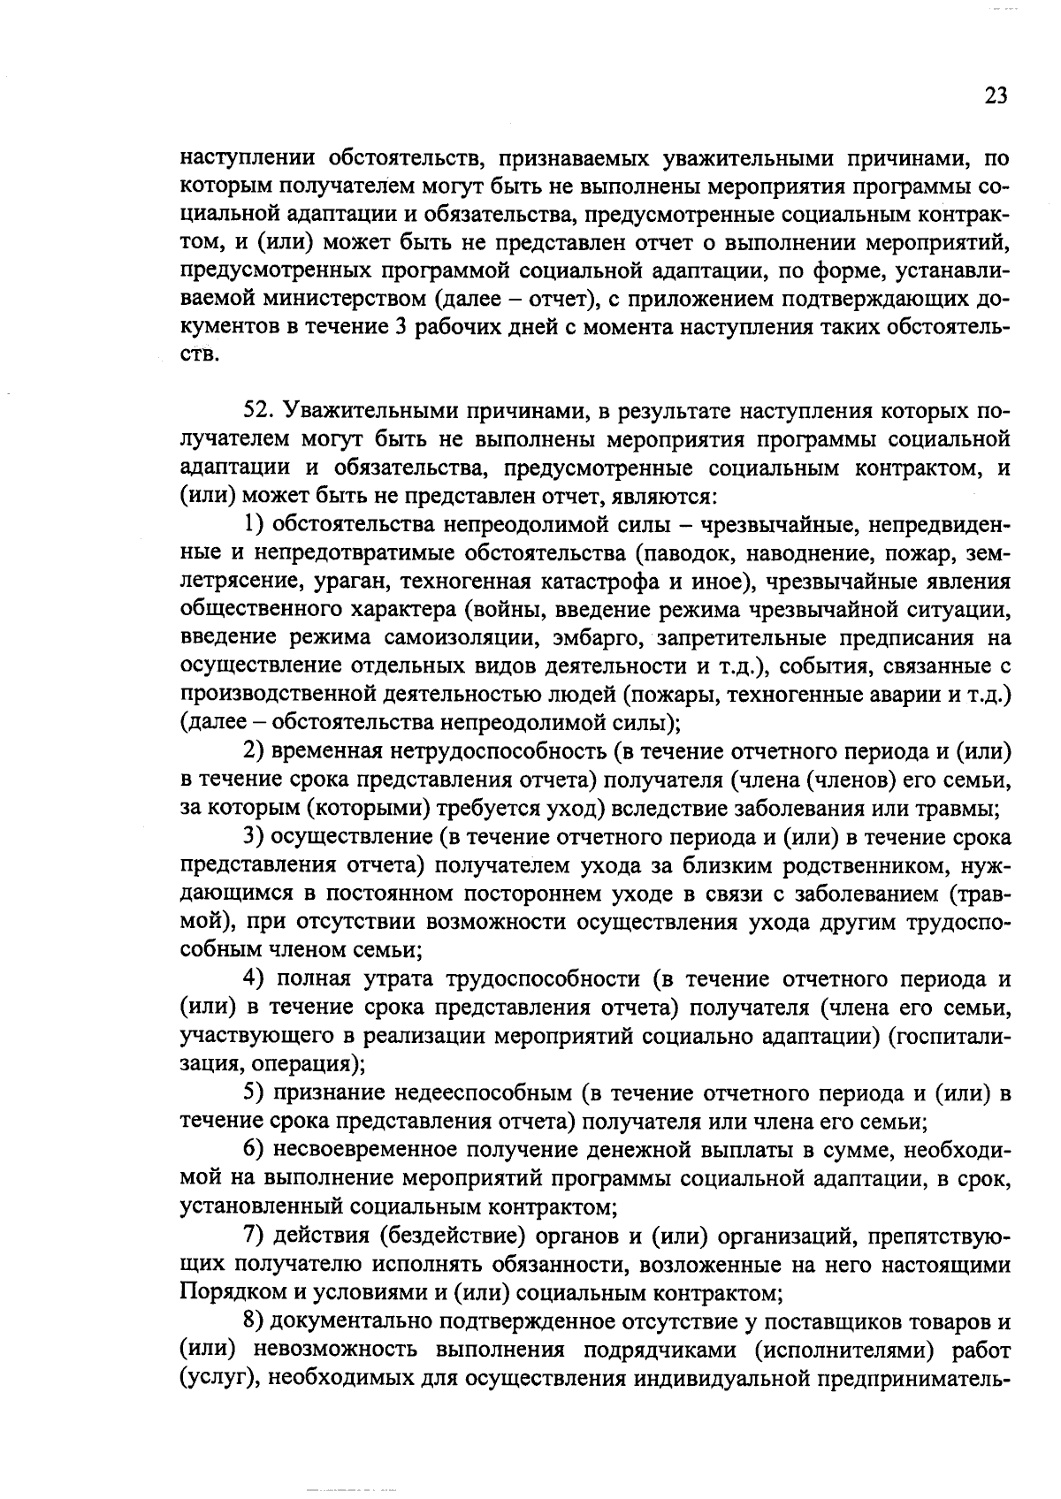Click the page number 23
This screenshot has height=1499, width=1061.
click(x=995, y=96)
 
